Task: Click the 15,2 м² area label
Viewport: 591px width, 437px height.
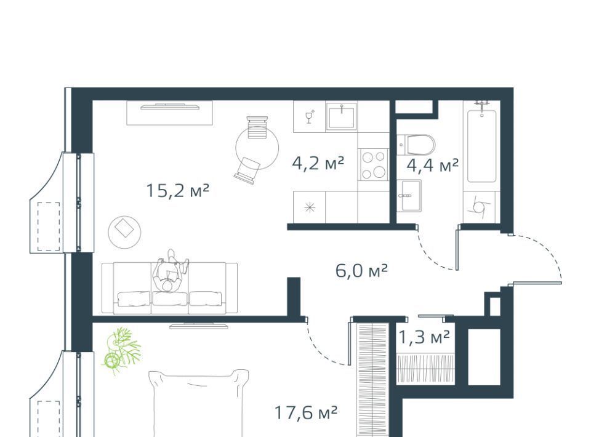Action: click(x=177, y=191)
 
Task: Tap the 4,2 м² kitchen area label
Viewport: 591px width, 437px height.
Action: click(x=318, y=164)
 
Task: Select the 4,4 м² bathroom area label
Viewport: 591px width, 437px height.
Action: click(x=433, y=165)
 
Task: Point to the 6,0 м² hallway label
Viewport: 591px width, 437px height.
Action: click(x=361, y=270)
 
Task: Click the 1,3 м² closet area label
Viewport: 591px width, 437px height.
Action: click(x=424, y=337)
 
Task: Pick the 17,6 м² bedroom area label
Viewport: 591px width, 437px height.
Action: click(x=306, y=412)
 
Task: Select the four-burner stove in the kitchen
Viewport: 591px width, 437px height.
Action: click(x=374, y=164)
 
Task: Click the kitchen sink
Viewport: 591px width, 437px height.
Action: click(x=342, y=116)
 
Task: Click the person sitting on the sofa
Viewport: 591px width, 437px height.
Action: click(x=171, y=270)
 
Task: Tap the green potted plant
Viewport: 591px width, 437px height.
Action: click(x=121, y=347)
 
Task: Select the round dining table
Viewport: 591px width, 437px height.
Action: click(x=257, y=148)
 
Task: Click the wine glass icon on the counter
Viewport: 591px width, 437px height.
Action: click(x=310, y=116)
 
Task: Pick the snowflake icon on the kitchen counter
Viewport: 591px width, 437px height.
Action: click(x=310, y=207)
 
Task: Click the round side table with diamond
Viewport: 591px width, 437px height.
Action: click(x=125, y=232)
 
